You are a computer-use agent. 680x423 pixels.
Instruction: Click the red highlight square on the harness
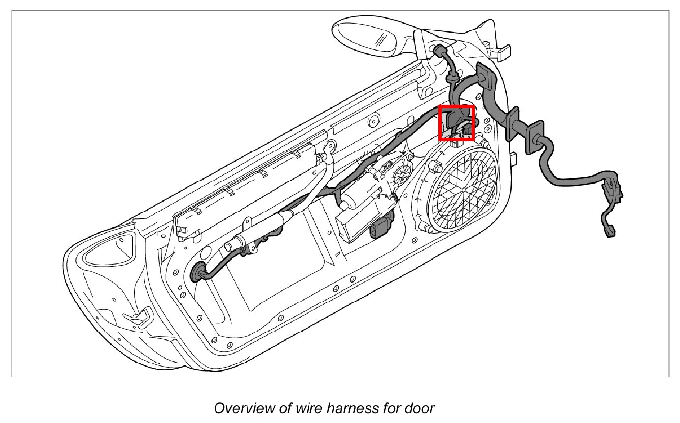coord(456,123)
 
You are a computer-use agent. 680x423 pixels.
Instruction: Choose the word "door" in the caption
coord(419,408)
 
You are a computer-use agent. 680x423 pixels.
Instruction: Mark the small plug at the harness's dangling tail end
coord(610,232)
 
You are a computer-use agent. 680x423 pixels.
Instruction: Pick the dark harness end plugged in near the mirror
coord(438,50)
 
